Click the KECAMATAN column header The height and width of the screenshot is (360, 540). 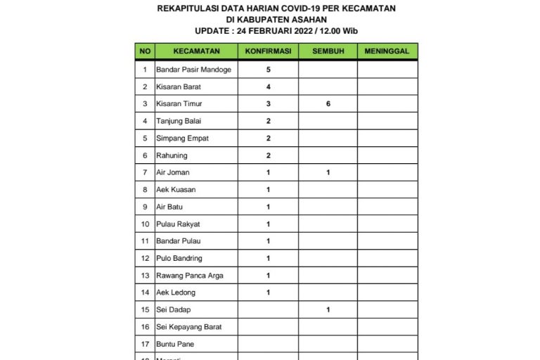pyautogui.click(x=198, y=51)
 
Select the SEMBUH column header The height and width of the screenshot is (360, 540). pyautogui.click(x=328, y=51)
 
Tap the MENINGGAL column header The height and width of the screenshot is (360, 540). pyautogui.click(x=387, y=51)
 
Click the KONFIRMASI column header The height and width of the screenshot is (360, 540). pyautogui.click(x=268, y=51)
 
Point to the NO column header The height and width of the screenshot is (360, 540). pyautogui.click(x=145, y=51)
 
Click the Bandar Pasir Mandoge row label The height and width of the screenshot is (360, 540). pyautogui.click(x=193, y=70)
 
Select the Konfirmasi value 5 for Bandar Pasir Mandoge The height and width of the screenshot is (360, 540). pyautogui.click(x=269, y=70)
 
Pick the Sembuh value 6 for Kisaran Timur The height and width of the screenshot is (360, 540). pyautogui.click(x=328, y=104)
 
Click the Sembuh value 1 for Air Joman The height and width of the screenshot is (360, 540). pyautogui.click(x=328, y=172)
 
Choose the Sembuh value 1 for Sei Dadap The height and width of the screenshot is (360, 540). pyautogui.click(x=328, y=309)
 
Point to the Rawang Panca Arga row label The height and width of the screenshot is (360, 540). pyautogui.click(x=190, y=276)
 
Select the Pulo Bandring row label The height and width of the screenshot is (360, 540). pyautogui.click(x=179, y=258)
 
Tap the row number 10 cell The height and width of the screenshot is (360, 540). pyautogui.click(x=145, y=224)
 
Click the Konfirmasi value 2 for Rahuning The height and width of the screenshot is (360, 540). pyautogui.click(x=269, y=155)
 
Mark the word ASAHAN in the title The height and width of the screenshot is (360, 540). pyautogui.click(x=307, y=20)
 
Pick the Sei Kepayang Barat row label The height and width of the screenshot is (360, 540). pyautogui.click(x=188, y=327)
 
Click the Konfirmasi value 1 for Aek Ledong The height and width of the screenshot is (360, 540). pyautogui.click(x=269, y=292)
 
